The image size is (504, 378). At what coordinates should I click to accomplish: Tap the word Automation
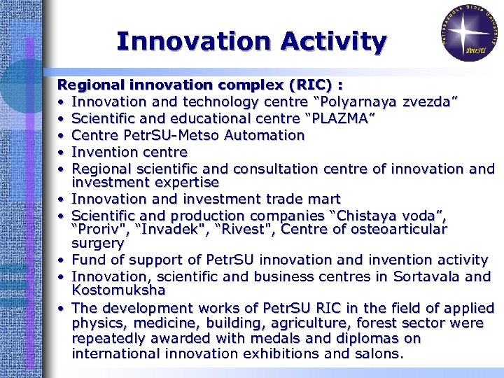[262, 135]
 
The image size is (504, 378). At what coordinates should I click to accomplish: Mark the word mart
[324, 199]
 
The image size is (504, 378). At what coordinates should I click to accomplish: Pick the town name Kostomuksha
[118, 290]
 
